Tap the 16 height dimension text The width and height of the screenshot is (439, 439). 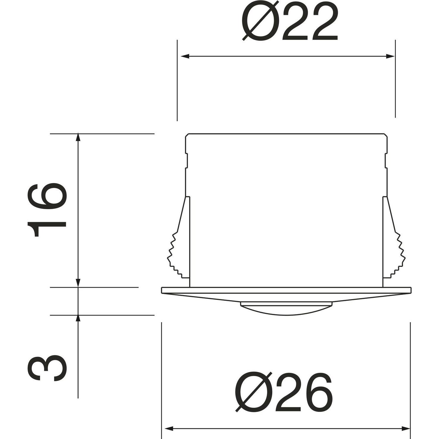(46, 210)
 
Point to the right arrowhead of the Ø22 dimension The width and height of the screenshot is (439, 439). (390, 56)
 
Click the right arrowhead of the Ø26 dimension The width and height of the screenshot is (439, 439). (406, 429)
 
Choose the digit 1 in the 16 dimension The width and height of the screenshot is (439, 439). (46, 226)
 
